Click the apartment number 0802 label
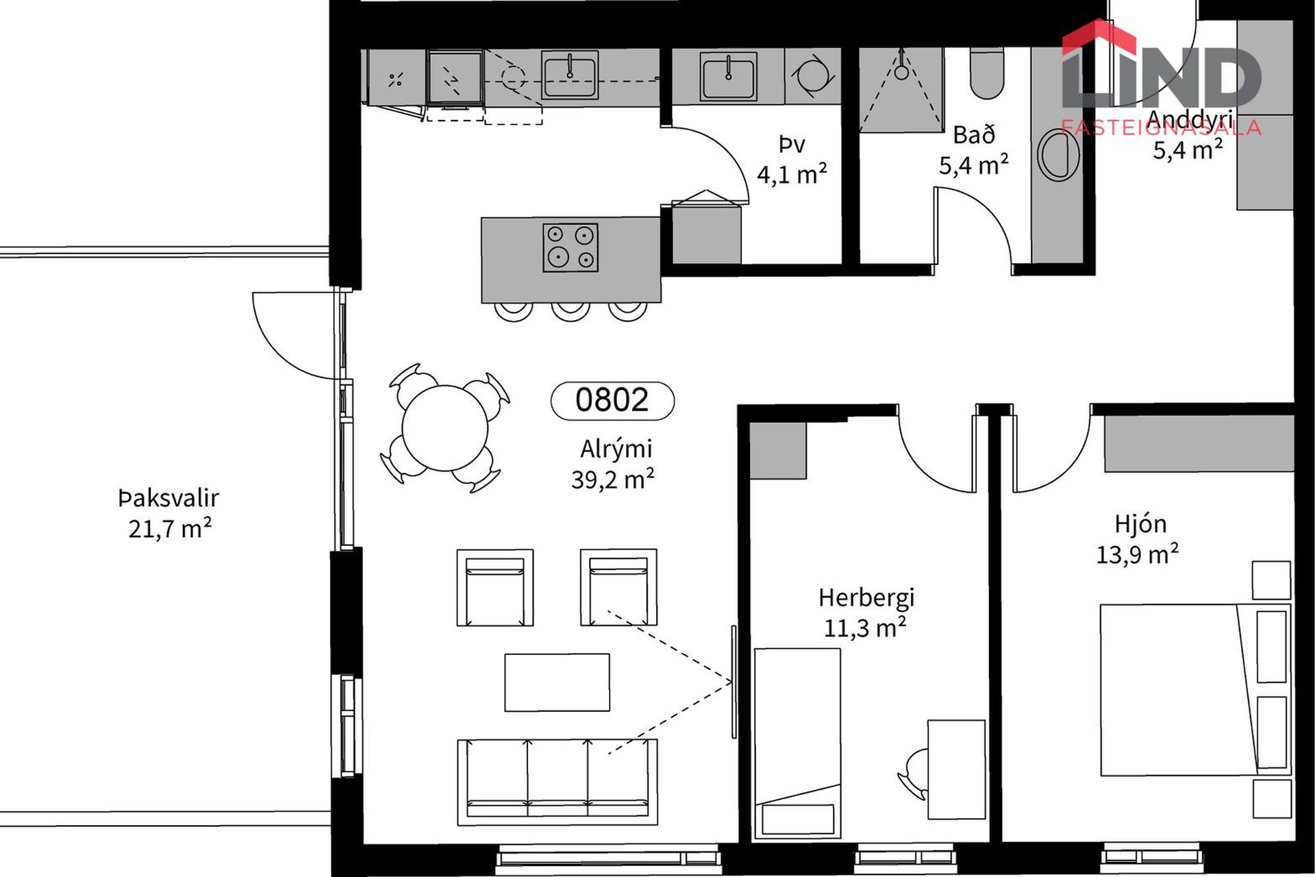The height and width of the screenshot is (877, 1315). point(612,400)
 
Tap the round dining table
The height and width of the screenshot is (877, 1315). point(445,428)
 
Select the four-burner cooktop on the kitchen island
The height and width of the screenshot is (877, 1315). point(571,247)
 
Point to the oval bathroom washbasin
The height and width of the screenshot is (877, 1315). point(1058,155)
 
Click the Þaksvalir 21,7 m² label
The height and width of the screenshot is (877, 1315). point(169,513)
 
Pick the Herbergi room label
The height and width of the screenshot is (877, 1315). point(866,597)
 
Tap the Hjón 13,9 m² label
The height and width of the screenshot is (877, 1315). point(1138,539)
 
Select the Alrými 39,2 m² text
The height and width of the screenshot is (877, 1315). point(613,464)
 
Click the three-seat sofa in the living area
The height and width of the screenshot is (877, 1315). point(558,782)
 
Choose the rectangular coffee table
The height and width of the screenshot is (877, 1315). point(557,682)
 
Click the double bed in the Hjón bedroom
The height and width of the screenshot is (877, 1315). point(1195,690)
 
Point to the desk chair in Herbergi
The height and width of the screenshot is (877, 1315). point(913,774)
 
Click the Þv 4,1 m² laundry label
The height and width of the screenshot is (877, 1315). point(792,160)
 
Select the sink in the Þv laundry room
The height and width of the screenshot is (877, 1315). point(728,76)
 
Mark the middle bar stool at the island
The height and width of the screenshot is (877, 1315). point(571,312)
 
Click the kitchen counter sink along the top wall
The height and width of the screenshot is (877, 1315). point(569,75)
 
